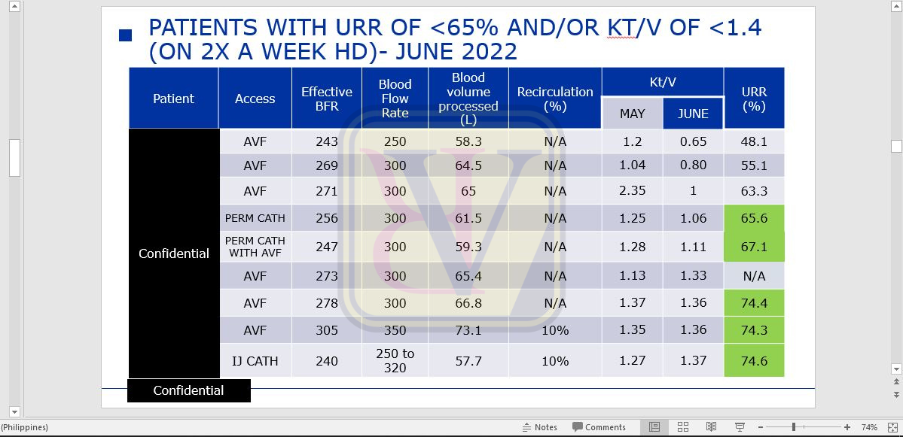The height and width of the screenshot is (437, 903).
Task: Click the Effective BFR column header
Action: [x=327, y=99]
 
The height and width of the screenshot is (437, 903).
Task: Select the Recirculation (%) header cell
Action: [x=555, y=99]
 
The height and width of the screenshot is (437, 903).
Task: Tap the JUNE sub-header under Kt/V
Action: [x=693, y=114]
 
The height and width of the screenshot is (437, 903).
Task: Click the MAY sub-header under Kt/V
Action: [x=632, y=114]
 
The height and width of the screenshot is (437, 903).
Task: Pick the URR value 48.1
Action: [x=754, y=141]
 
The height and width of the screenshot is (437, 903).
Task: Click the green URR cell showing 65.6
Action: [x=754, y=218]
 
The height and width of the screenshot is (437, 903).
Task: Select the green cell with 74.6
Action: [x=754, y=360]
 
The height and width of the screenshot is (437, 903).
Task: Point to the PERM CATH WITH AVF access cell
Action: [x=255, y=247]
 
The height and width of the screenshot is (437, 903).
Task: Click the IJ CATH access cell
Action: [x=255, y=361]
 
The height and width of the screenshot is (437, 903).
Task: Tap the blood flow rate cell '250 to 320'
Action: [x=395, y=360]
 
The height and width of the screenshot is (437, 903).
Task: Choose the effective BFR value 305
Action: [x=327, y=330]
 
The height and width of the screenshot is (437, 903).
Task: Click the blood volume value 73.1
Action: [x=468, y=330]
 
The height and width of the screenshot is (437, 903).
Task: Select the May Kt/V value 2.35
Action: [x=632, y=190]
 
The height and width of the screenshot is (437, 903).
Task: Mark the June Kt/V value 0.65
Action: [x=693, y=141]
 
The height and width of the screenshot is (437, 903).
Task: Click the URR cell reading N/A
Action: [x=754, y=276]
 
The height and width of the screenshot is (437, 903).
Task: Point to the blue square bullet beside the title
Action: [x=126, y=35]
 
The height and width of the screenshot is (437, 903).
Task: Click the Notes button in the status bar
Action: [x=540, y=427]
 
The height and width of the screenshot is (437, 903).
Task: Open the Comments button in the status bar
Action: [x=599, y=427]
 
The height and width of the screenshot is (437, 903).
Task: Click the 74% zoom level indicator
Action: [x=869, y=427]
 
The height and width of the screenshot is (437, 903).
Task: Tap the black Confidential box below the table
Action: [x=188, y=390]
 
